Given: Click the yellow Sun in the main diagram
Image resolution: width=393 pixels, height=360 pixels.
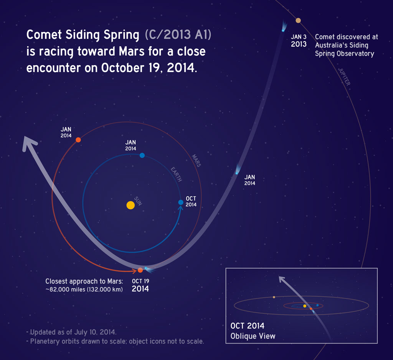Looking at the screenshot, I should click(x=130, y=205).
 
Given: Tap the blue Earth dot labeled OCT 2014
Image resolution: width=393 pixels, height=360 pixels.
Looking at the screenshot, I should click(x=181, y=202).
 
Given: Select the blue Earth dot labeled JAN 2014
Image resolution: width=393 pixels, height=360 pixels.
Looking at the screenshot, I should click(x=142, y=155).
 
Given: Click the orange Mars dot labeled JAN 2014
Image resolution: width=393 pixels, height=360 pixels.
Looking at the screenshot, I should click(x=78, y=140).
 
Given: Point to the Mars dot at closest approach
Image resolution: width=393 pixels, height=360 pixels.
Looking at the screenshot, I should click(x=140, y=270).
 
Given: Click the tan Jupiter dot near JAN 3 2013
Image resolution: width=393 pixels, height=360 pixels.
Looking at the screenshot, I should click(x=298, y=20).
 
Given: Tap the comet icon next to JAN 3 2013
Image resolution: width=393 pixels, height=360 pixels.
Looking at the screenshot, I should click(x=283, y=28).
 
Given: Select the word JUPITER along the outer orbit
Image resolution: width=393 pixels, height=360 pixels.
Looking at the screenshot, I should click(x=344, y=77).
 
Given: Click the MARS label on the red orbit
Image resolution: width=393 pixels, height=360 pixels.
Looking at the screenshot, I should click(x=196, y=160).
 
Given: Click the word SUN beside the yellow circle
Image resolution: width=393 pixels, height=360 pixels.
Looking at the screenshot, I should click(x=139, y=200).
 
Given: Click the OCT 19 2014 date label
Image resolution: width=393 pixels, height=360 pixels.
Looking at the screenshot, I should click(x=140, y=285).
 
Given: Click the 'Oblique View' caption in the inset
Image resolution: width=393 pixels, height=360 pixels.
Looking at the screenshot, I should click(x=253, y=336).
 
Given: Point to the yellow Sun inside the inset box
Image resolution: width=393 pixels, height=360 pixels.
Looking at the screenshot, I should click(x=304, y=306).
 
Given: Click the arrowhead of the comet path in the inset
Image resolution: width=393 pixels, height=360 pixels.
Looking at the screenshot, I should click(x=281, y=279).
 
